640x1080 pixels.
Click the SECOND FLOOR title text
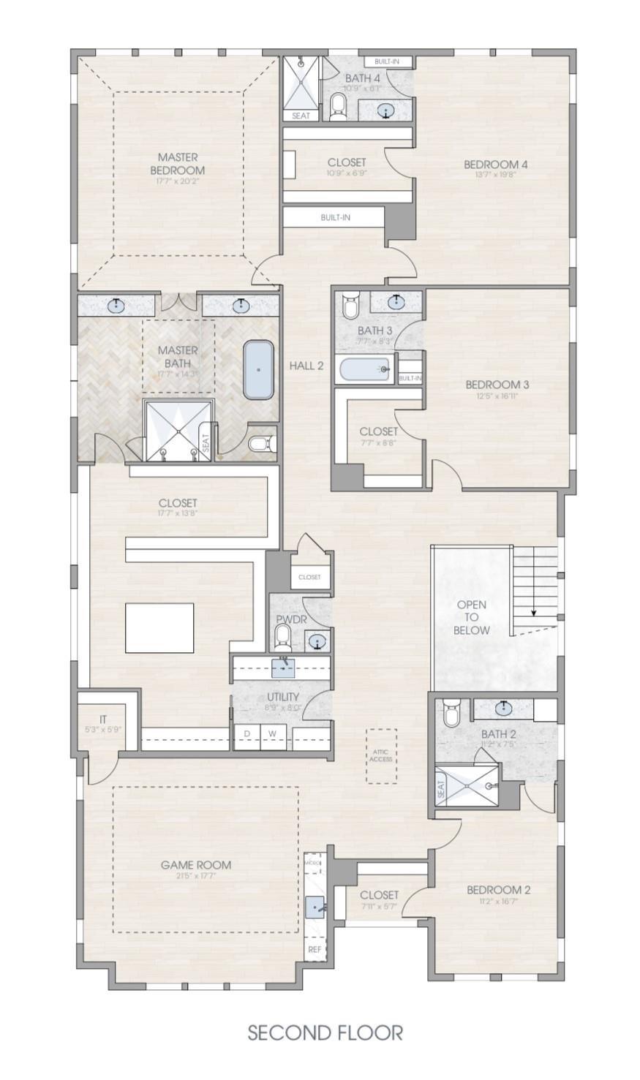(325, 1032)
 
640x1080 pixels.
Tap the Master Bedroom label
(178, 164)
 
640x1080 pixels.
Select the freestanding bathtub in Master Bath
(258, 369)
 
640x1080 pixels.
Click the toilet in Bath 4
(338, 106)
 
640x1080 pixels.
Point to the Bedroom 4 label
(495, 165)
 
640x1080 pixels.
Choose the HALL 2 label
(306, 366)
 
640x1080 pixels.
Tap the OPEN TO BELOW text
(471, 617)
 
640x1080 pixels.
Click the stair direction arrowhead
(534, 612)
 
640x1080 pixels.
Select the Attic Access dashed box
(381, 755)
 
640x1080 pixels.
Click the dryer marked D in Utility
(247, 733)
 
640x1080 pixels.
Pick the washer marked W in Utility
(272, 733)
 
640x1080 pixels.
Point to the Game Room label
(195, 865)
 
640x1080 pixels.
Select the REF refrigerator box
(315, 949)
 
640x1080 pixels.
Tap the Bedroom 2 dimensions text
(498, 902)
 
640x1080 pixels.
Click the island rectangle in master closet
(159, 627)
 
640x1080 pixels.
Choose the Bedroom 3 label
(497, 385)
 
